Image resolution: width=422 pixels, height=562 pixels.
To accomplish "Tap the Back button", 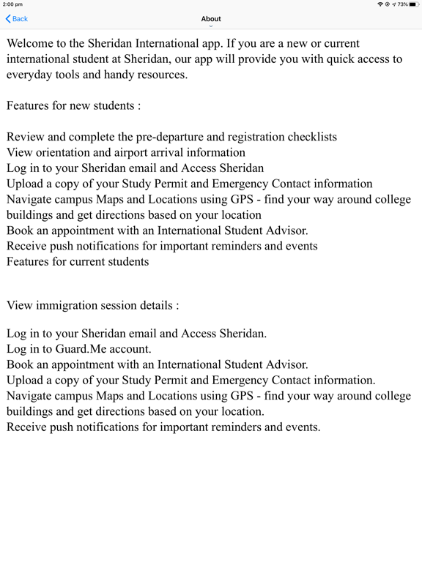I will click(x=17, y=19).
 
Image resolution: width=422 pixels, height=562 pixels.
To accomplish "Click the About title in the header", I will click(x=211, y=19).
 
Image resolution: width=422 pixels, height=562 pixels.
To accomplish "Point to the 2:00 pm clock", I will click(x=12, y=4).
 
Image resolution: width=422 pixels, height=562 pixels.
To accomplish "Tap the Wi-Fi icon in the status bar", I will click(x=380, y=4).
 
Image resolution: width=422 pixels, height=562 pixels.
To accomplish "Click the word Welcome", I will click(x=34, y=44).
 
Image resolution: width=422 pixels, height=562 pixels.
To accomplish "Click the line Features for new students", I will click(x=73, y=105).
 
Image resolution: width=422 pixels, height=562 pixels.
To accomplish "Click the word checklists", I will click(x=306, y=137).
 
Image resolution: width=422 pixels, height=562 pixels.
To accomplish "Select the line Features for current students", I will click(x=78, y=261).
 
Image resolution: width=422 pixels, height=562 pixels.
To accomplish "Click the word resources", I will click(x=159, y=75).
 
